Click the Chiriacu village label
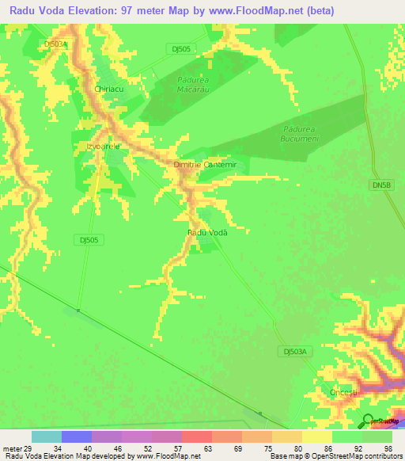pos(110,90)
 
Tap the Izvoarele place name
pos(97,147)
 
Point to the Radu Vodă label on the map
pos(207,232)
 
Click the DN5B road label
pos(381,185)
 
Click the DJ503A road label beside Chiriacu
pos(55,45)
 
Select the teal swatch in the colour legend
pos(47,436)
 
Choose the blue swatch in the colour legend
pos(77,436)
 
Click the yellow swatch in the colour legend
pos(317,436)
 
